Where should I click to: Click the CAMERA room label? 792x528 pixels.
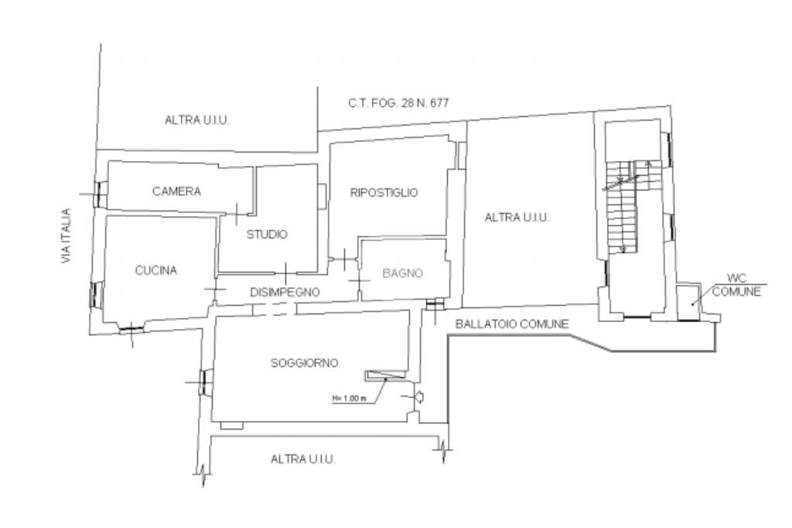click(176, 191)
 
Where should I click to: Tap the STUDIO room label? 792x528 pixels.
click(267, 235)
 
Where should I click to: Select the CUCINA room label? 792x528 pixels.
click(155, 270)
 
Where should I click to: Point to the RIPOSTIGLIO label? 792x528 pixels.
click(384, 193)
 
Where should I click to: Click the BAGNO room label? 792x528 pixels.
click(402, 273)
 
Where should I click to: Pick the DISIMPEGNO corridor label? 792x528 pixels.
click(285, 292)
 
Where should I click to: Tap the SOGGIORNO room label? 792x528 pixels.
click(305, 362)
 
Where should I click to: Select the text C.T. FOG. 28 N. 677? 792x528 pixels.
click(398, 102)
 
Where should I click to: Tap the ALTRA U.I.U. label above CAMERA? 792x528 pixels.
click(197, 120)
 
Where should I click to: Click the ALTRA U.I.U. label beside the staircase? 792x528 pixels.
click(517, 218)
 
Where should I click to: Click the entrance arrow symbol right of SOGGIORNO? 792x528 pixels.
click(418, 397)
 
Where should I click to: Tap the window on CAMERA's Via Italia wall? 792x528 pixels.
click(98, 194)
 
